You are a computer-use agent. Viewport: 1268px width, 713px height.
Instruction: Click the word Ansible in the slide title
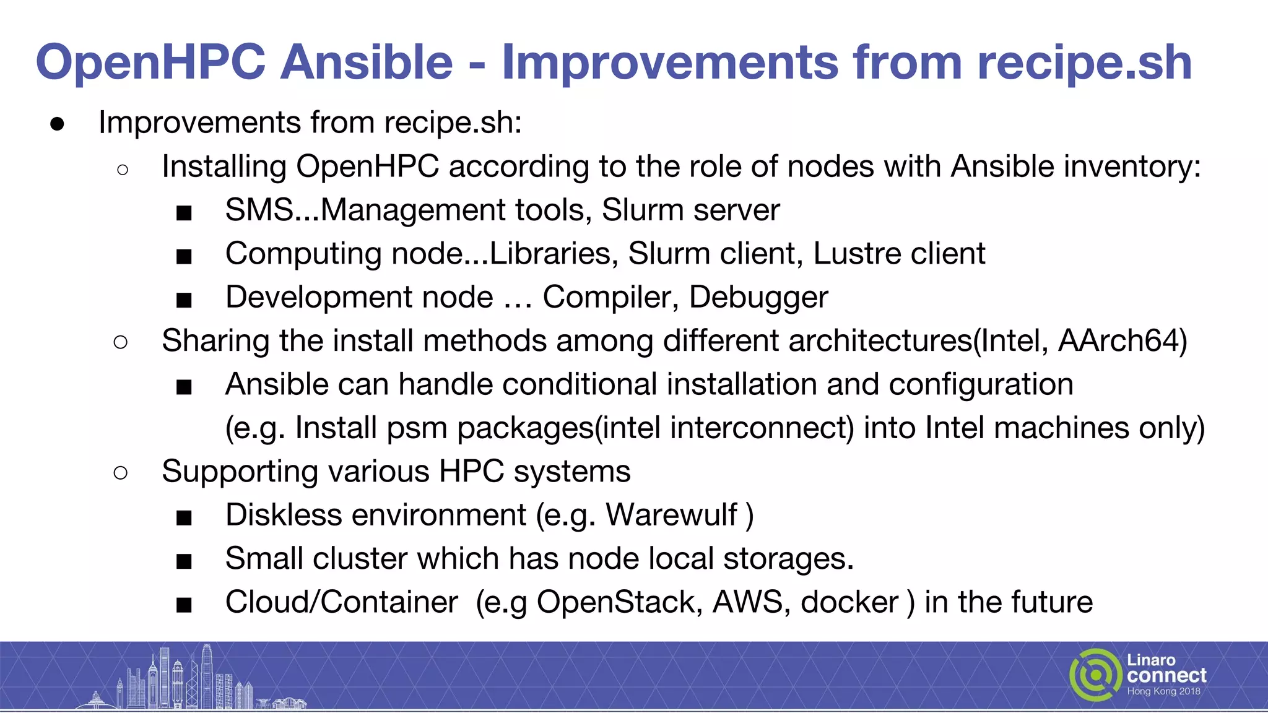click(367, 62)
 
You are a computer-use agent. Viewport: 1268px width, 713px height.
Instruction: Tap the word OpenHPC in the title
click(150, 62)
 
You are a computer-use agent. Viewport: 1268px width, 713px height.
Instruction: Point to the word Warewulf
click(672, 515)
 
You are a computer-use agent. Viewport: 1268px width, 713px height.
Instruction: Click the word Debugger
click(758, 298)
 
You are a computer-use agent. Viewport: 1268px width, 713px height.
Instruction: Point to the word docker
click(849, 602)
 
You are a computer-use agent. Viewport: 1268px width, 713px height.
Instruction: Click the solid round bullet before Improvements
click(58, 124)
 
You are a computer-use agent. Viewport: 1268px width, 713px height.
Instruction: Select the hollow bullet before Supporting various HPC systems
click(121, 473)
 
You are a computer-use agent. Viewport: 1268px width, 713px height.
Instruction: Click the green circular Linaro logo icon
click(1095, 675)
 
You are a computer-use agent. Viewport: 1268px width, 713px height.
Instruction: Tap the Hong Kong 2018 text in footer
click(1163, 691)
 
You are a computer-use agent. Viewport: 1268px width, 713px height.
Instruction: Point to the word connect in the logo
click(1166, 675)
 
